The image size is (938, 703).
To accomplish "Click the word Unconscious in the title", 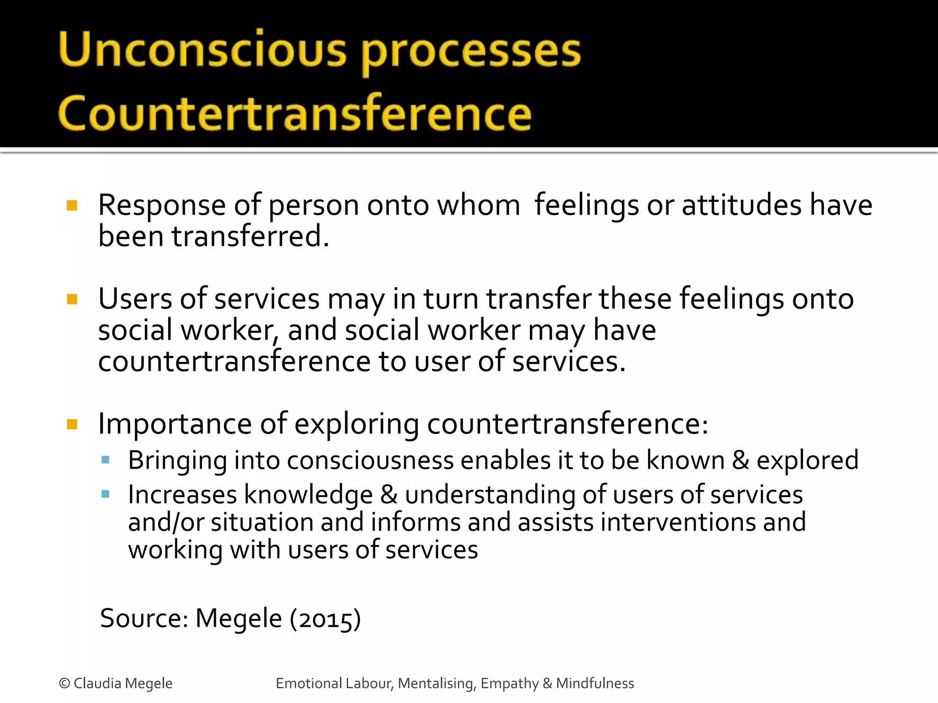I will [x=202, y=50].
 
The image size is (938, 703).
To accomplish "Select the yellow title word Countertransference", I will [x=294, y=113].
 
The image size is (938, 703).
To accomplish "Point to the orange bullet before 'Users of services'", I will [x=72, y=299].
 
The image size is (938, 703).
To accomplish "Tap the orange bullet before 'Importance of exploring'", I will [x=72, y=424].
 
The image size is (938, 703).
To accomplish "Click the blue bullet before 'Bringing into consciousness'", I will [x=105, y=460].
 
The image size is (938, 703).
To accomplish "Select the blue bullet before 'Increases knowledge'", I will [x=105, y=494].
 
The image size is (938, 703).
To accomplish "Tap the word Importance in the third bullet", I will [x=175, y=424].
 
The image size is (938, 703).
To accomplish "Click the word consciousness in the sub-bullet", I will [x=370, y=460].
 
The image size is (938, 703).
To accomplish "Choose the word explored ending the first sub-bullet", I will [x=807, y=460].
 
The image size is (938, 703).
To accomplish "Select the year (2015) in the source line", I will [x=325, y=619].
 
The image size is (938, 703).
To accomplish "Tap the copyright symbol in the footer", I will [x=65, y=683].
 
